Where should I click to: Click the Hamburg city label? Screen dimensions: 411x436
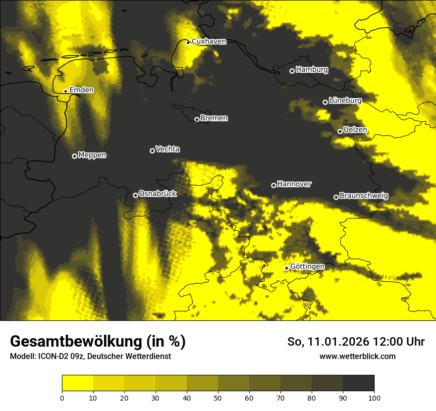[x=312, y=70]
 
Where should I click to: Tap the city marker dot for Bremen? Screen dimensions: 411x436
[x=197, y=119]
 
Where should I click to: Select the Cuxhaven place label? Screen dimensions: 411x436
[x=209, y=42]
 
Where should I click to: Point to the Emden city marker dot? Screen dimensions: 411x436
[x=65, y=91]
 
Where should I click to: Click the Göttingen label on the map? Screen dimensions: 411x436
[x=307, y=267]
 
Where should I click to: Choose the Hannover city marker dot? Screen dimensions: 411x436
[x=273, y=185]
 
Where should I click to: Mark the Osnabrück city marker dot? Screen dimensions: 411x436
[x=135, y=195]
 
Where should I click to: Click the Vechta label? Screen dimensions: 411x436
[x=167, y=149]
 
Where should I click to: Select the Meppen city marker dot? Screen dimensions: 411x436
[x=74, y=156]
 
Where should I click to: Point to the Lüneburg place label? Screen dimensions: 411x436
[x=345, y=101]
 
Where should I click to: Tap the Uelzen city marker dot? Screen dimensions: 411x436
[x=340, y=131]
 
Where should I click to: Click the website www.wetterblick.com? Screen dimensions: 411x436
[x=357, y=356]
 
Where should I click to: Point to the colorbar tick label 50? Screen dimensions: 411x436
[x=218, y=398]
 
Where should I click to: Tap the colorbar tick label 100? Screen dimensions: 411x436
[x=374, y=398]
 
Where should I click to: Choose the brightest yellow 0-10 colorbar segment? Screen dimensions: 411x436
[x=77, y=383]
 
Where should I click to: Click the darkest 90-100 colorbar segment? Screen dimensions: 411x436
[x=358, y=383]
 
